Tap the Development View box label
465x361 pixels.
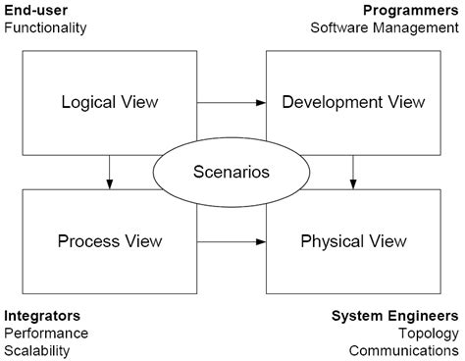coord(352,101)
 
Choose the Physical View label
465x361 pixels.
coord(352,240)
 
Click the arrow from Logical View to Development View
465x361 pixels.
coord(232,101)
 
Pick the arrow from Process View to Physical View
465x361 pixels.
coord(232,240)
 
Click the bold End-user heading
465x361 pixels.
coord(35,11)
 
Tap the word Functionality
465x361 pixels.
coord(45,28)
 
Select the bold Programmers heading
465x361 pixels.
coord(410,11)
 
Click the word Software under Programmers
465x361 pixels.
coord(338,28)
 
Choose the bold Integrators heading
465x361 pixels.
coord(41,316)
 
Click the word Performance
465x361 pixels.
coord(46,334)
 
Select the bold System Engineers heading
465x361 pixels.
coord(394,316)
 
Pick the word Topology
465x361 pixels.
coord(428,334)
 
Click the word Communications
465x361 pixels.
coord(402,350)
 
